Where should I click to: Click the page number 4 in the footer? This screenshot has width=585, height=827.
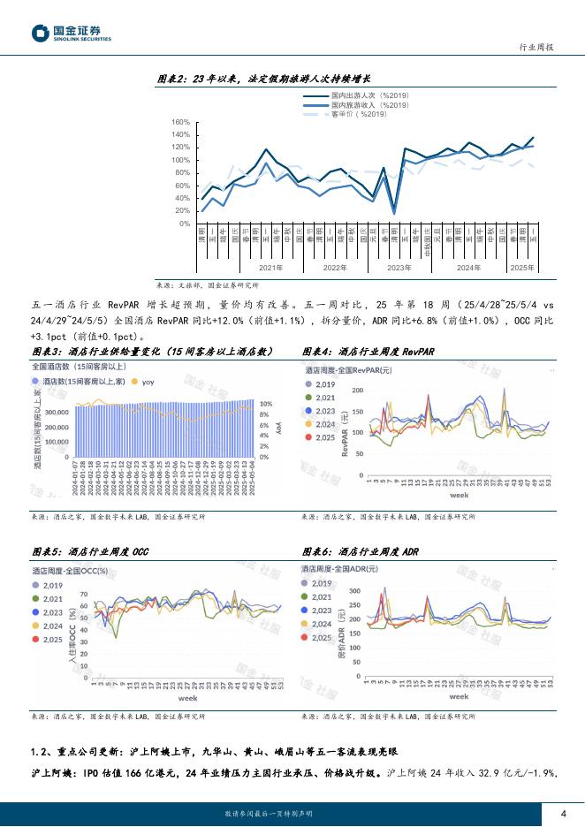pos(563,814)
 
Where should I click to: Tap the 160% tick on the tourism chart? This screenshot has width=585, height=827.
pos(180,123)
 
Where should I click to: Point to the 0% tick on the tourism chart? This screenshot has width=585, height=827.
pos(183,224)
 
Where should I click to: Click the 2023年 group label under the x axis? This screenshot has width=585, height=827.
pos(399,267)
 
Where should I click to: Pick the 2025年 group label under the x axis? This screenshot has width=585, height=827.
pos(523,267)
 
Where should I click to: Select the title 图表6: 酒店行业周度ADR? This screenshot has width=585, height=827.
pos(361,551)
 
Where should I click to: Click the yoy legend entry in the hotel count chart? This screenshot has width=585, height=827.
pos(145,382)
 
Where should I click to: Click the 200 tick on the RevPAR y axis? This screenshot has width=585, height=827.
pos(357,390)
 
